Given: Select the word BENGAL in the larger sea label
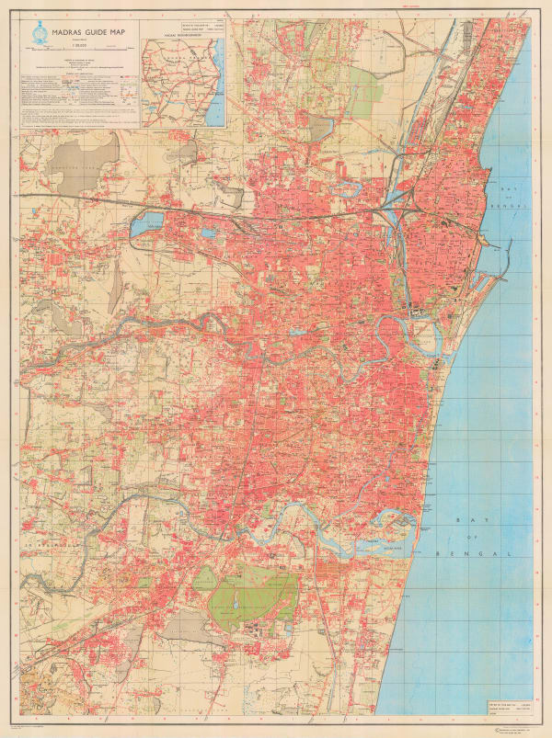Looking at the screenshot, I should pos(482,555).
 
